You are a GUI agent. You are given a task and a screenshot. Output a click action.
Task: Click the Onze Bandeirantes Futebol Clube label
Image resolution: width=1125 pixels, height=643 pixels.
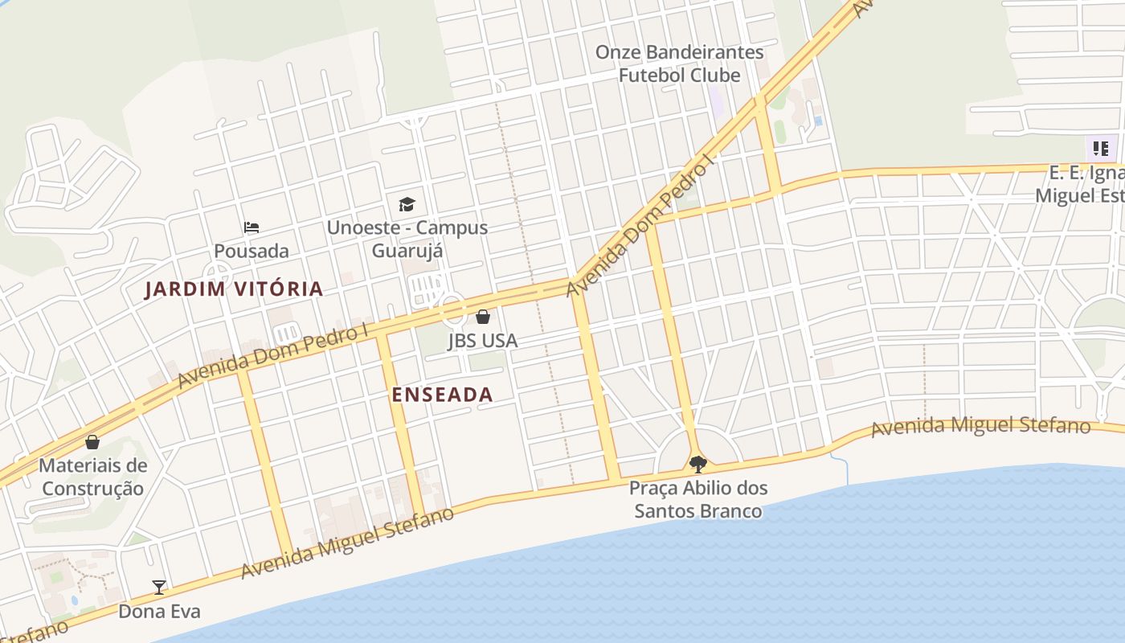pos(679,63)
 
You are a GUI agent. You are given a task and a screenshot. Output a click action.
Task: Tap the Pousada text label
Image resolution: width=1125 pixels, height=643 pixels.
pos(251,251)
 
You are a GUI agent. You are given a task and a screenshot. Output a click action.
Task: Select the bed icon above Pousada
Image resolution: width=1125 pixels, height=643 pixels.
pos(252,227)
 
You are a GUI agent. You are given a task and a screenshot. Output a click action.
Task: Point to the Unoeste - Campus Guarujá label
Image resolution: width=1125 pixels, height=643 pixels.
pos(407,239)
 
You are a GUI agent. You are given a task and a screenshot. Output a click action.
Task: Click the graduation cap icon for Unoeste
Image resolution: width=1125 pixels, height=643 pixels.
pos(407,204)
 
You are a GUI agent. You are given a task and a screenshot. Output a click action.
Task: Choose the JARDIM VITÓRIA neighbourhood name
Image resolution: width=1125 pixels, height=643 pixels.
pos(234,289)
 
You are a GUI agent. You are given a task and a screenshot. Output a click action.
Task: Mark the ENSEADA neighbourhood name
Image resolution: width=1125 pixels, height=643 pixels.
pos(442,395)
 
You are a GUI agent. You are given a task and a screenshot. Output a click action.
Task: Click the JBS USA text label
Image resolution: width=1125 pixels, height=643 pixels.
pos(482,341)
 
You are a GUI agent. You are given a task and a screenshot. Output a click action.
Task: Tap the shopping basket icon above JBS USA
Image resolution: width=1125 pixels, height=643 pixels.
pos(483,317)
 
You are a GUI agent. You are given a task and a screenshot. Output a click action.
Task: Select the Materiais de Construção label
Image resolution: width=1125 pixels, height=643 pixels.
pos(92,477)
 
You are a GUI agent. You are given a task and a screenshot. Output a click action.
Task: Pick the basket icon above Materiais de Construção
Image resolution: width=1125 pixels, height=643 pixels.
pos(92,442)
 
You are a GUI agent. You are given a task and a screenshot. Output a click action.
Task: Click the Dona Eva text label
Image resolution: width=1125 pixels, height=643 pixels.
pos(159,612)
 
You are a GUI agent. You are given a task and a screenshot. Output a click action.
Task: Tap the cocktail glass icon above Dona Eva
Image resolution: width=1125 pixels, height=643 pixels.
pos(159,588)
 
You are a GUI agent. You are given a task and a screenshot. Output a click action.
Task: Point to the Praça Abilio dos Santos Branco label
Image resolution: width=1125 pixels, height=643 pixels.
pos(698,499)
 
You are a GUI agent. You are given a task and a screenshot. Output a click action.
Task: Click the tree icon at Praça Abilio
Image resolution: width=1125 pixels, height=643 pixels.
pos(698,464)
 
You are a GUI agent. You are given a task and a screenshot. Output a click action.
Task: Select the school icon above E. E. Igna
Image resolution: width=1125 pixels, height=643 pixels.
pos(1100,149)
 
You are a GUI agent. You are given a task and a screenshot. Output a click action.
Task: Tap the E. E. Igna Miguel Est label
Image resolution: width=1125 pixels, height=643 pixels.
pos(1081,185)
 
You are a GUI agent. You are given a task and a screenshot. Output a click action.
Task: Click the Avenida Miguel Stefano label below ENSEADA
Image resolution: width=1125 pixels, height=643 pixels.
pos(347,543)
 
